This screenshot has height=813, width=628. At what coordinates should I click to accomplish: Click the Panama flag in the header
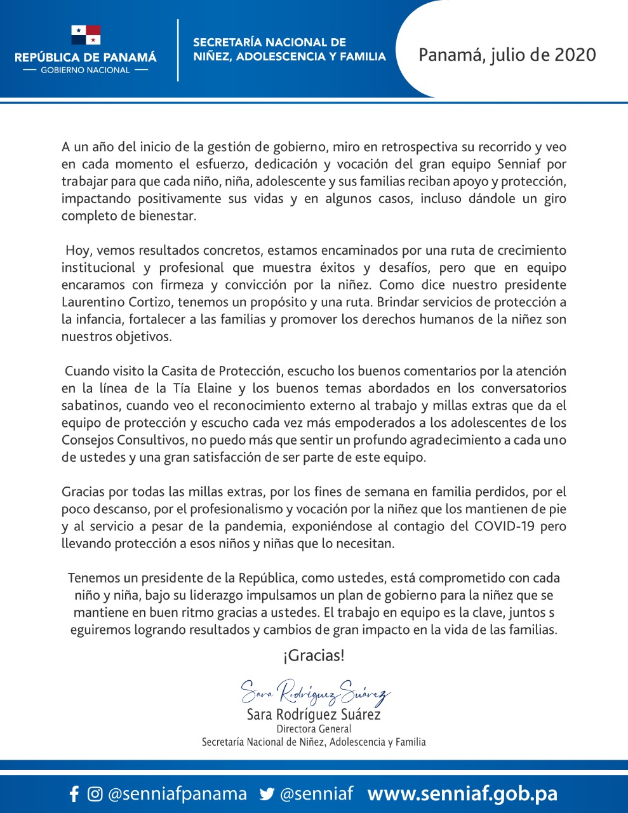click(86, 35)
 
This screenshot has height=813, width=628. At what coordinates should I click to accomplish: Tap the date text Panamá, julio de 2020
click(507, 55)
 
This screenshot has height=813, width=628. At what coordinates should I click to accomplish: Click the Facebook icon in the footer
click(74, 794)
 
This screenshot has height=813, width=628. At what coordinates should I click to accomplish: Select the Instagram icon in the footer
click(95, 794)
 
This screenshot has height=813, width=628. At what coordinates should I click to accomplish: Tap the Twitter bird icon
click(267, 794)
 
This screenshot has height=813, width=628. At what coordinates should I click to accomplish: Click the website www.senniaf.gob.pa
click(462, 794)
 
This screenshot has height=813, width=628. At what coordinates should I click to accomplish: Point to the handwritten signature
click(315, 692)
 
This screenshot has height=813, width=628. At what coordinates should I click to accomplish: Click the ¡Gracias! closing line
click(314, 655)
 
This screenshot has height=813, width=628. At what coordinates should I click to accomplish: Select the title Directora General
click(314, 729)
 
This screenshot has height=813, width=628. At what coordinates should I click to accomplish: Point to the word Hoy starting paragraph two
click(78, 250)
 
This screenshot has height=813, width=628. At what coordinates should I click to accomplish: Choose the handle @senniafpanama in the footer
click(177, 794)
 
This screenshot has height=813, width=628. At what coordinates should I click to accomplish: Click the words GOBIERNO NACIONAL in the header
click(85, 71)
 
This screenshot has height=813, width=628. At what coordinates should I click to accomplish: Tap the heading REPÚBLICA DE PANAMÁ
click(85, 57)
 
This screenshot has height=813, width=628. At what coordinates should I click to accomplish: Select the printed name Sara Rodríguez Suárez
click(314, 715)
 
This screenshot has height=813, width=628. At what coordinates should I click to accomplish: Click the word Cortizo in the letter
click(152, 302)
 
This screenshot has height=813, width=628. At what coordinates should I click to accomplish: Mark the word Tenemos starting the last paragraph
click(94, 578)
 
